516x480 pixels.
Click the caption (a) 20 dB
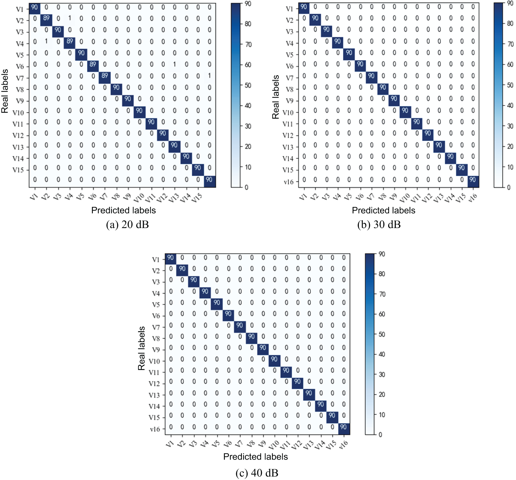pos(127,225)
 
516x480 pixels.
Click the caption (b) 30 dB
pos(379,225)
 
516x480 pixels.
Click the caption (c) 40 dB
pos(257,473)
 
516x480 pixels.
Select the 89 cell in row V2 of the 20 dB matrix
pos(46,18)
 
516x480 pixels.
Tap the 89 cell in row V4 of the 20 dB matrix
pos(70,41)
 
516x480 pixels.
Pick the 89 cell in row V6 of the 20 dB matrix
pos(93,64)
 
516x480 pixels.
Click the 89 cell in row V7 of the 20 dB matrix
pos(105,76)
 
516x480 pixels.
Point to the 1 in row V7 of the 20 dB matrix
pos(210,76)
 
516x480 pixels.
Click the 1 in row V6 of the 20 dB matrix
pos(175,64)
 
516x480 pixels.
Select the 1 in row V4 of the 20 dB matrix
pos(46,41)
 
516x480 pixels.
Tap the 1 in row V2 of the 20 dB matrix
pos(70,18)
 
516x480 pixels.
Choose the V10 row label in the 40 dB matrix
pos(154,361)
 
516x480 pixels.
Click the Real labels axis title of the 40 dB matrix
pos(141,348)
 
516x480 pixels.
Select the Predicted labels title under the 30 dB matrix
pos(384,210)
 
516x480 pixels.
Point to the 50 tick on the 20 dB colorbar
pos(248,85)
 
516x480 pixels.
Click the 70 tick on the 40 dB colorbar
pos(382,294)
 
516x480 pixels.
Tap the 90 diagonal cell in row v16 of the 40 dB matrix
pos(344,427)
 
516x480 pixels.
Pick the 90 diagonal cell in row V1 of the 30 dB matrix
pos(304,7)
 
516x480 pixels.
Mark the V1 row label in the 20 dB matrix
pos(20,10)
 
